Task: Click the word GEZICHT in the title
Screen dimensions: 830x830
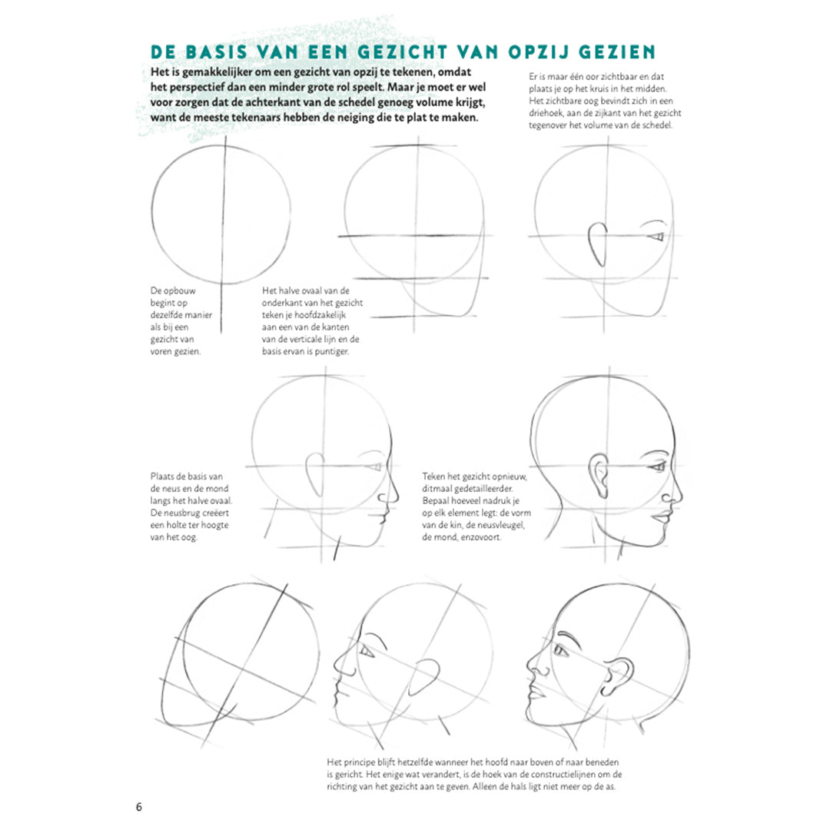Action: (x=402, y=52)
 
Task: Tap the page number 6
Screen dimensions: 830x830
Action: (x=138, y=807)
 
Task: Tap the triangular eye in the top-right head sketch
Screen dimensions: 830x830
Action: (x=657, y=236)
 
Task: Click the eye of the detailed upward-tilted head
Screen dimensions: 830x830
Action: (x=560, y=650)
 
